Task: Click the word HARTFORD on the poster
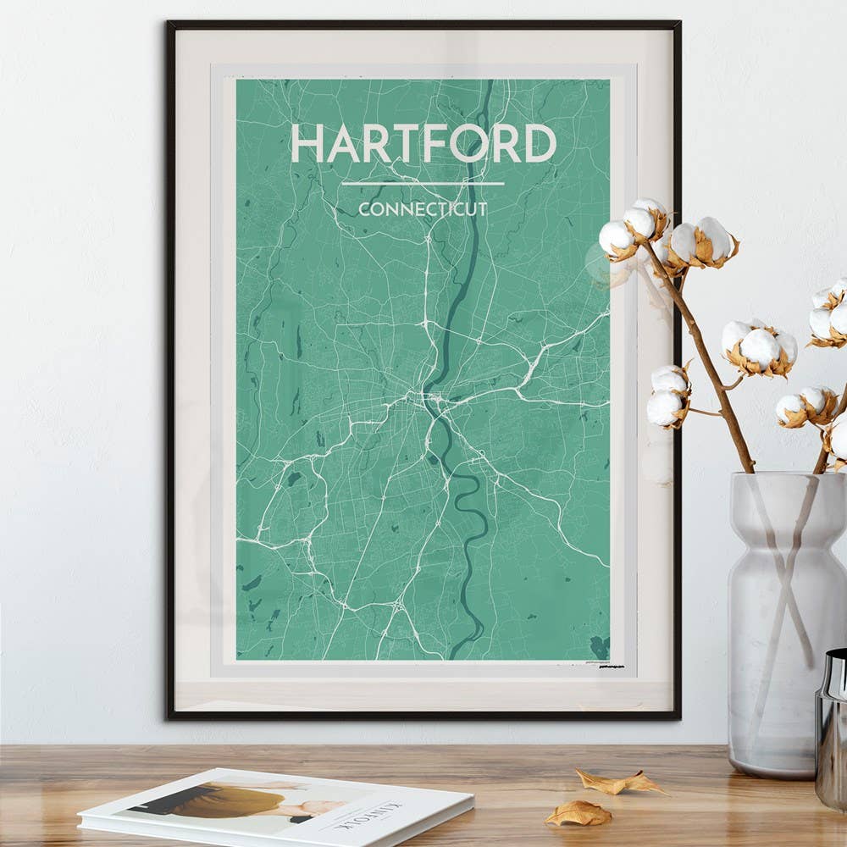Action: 423,143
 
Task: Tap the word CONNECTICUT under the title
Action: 423,209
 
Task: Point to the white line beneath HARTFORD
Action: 423,183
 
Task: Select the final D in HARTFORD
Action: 539,143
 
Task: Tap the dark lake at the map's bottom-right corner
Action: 600,647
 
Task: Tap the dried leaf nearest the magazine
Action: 578,814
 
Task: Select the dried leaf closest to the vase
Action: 618,781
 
